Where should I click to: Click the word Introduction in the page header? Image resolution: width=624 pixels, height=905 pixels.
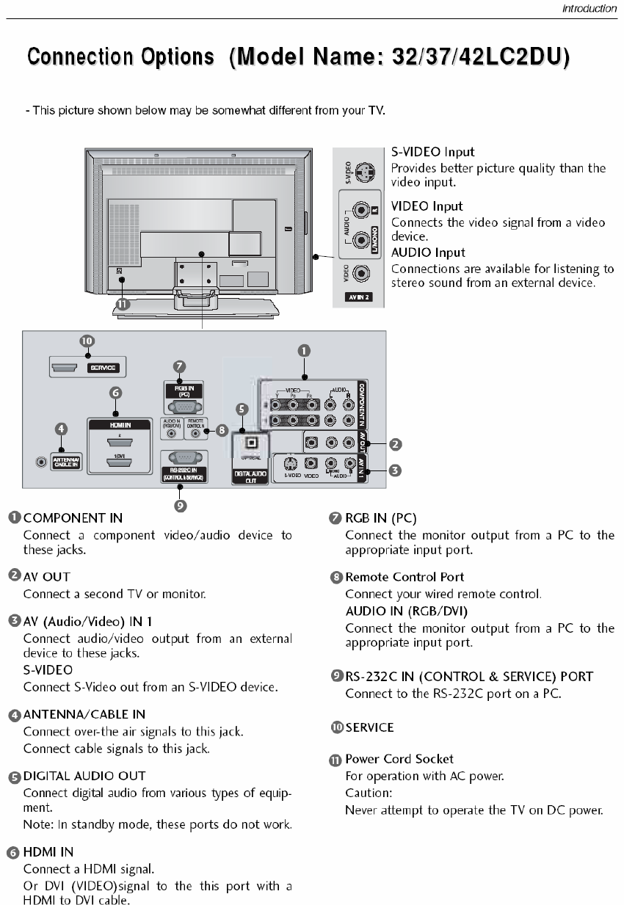tap(589, 9)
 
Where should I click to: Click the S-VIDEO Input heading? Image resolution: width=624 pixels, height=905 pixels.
tap(432, 152)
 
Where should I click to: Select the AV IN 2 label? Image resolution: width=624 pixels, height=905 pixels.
tap(359, 297)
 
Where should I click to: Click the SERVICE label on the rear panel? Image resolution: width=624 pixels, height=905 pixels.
tap(103, 367)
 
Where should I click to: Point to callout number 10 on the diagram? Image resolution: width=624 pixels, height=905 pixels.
tap(87, 341)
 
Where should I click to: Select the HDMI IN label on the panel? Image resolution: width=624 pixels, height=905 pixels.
tap(120, 424)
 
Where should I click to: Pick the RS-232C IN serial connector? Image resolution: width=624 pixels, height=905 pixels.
tap(184, 457)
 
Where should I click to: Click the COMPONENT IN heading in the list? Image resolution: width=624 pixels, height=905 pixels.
tap(73, 518)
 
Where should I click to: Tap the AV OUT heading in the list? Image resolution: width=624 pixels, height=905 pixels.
tap(47, 577)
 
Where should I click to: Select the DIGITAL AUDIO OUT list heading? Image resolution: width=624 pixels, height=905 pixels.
tap(84, 776)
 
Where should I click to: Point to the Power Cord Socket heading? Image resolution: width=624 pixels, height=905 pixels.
tap(399, 759)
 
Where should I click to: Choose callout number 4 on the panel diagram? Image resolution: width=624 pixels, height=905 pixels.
tap(62, 428)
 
